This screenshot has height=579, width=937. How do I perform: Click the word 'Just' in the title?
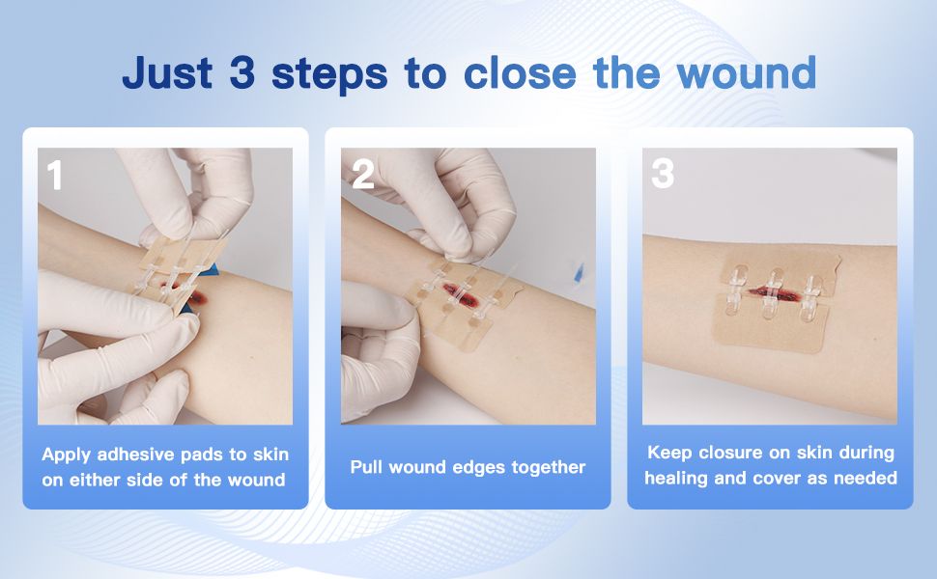coord(167,72)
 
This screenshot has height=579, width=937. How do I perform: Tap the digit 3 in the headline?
coord(242,72)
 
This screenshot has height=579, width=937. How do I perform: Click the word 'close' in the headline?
coord(520,72)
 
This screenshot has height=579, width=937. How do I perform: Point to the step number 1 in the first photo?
coord(54,176)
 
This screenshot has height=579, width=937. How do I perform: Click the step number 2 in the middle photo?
coord(363,175)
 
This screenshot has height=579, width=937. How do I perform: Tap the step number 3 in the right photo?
coord(663,174)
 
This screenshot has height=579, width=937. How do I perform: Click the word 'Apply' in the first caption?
coord(66,455)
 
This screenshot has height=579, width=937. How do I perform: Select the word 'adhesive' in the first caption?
coord(135,455)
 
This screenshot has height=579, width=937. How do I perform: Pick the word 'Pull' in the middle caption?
coord(366,467)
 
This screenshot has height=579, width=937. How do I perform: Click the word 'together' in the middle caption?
coord(549,468)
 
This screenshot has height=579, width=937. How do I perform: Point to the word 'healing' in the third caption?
coord(675,479)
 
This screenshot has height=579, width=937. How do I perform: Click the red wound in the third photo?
coord(775,293)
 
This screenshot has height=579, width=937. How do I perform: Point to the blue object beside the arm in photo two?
coord(578,270)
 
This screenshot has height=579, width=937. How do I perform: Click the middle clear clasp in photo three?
coord(773,293)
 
